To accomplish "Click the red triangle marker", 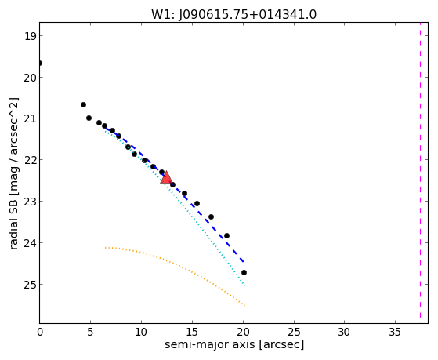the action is click(x=166, y=177).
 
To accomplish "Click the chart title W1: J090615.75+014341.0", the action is click(x=233, y=15).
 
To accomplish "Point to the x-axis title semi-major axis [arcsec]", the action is click(x=234, y=344).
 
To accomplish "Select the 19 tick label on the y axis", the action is click(x=30, y=36).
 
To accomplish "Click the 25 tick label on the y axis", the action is click(x=30, y=285).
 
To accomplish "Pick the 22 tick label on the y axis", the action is click(x=30, y=160).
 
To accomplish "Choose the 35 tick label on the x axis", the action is click(x=395, y=332).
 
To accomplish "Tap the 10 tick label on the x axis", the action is click(x=141, y=332).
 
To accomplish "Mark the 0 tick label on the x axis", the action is click(x=40, y=332).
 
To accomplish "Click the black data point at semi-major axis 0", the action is click(x=40, y=64).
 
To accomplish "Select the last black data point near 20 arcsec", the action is click(x=244, y=272).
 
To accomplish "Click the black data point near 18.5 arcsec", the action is click(x=226, y=236).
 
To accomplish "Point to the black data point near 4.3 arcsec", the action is click(x=83, y=104).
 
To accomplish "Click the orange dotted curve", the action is click(x=175, y=264).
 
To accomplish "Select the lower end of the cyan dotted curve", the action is click(x=244, y=285).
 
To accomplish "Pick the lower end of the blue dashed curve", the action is click(x=244, y=262).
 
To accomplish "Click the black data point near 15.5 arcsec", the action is click(x=197, y=203).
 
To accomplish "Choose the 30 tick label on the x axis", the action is click(x=344, y=332).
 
